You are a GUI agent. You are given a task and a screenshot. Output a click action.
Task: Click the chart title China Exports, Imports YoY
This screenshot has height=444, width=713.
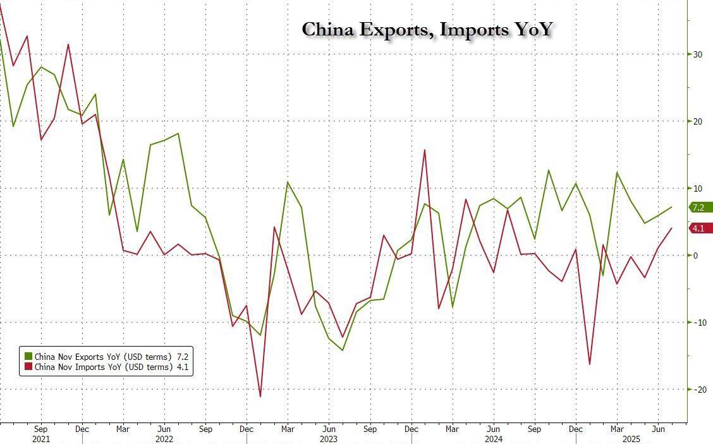click(x=428, y=30)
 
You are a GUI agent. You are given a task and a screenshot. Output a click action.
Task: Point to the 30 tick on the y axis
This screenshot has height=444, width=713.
click(x=698, y=54)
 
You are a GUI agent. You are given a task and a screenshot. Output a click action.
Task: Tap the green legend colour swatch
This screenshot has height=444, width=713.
click(x=28, y=356)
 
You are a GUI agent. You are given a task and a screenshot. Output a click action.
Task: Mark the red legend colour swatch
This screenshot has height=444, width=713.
click(x=28, y=367)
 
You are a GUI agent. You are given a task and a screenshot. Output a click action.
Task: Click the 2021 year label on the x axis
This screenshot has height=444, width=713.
click(x=40, y=438)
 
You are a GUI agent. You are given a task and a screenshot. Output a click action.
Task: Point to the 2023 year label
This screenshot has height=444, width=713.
click(x=329, y=438)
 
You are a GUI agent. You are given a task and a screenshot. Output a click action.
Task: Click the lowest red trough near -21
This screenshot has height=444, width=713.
click(x=260, y=397)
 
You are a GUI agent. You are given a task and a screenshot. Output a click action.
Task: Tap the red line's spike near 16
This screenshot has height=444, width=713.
click(x=425, y=150)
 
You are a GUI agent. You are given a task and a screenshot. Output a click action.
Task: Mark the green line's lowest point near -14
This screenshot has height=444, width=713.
click(x=343, y=350)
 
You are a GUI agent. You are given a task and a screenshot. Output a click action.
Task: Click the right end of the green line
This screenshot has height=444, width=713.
click(x=671, y=207)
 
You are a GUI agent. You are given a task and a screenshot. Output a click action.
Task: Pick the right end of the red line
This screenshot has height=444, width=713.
click(x=671, y=228)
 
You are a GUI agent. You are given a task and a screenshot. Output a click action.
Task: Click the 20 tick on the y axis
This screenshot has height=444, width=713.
click(x=698, y=121)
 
